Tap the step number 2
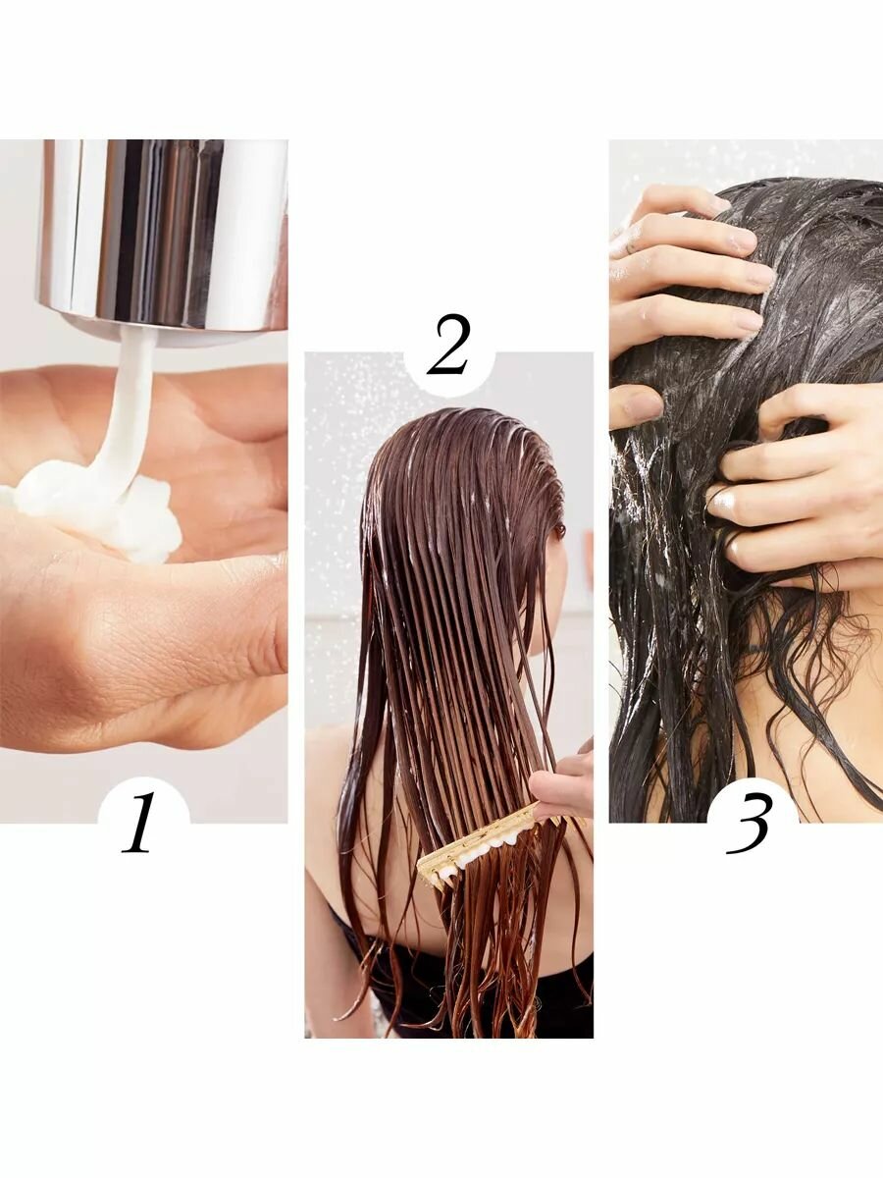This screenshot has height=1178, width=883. [448, 345]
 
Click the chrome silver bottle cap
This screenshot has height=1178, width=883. [164, 237]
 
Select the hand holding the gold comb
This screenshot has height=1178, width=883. [563, 778]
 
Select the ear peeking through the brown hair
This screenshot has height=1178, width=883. [559, 530]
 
